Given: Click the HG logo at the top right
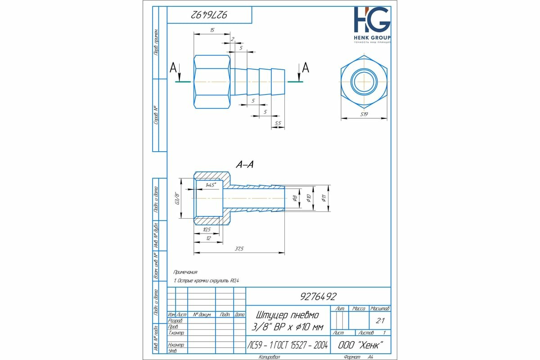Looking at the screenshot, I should (372, 20).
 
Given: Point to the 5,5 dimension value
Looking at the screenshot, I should (278, 123).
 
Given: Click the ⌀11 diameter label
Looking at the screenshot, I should (324, 198).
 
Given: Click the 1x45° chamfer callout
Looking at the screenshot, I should (211, 184).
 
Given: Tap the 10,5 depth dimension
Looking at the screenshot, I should (207, 229).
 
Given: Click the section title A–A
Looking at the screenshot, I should (245, 165).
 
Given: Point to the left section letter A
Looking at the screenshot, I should (173, 68).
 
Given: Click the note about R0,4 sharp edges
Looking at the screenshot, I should (207, 281).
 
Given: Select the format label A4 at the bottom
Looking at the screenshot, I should (370, 356).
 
